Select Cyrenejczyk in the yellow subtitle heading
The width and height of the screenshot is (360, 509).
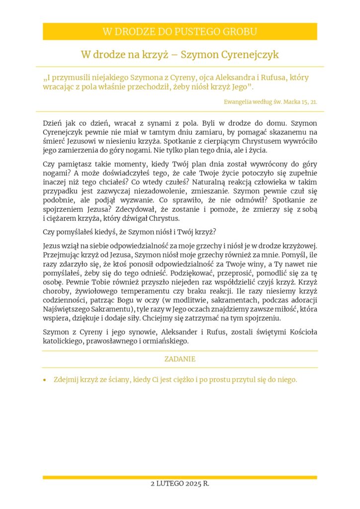click(x=244, y=55)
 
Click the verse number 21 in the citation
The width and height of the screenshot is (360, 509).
click(x=314, y=101)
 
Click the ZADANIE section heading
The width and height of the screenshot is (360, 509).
click(x=180, y=359)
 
